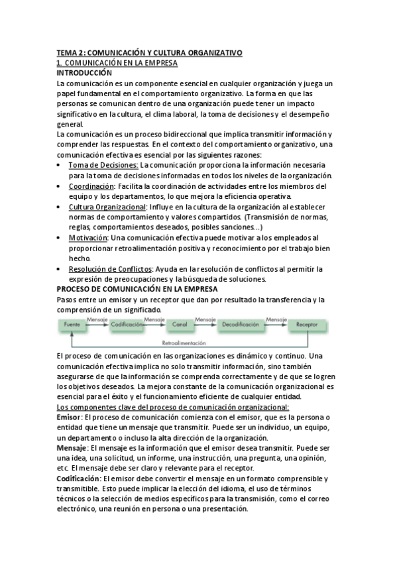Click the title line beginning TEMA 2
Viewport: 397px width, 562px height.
coord(150,52)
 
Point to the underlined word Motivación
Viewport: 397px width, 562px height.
coord(89,237)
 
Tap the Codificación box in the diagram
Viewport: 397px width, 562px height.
coord(127,325)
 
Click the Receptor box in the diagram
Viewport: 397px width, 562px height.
coord(307,325)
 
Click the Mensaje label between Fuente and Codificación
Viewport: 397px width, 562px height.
coord(97,319)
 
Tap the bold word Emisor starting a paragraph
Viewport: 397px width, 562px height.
coord(70,417)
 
